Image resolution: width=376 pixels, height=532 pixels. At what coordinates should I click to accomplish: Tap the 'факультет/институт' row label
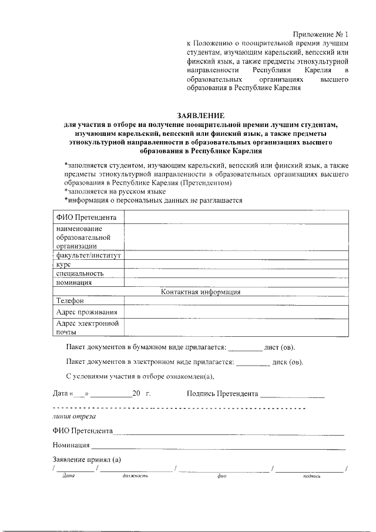coord(88,256)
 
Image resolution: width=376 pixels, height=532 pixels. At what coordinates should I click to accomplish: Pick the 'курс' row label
coord(63,265)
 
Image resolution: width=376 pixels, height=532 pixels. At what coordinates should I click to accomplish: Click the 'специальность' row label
coord(80,273)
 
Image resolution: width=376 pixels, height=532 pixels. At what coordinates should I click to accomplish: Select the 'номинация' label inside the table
coord(74,282)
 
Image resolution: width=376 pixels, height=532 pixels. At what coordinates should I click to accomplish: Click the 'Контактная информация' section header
coord(200,292)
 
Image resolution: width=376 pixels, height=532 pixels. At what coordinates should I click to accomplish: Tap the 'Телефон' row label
coord(70,300)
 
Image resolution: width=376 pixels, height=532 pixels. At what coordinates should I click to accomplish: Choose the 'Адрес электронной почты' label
coord(88,327)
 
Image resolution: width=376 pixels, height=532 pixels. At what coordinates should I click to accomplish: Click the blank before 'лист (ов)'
coord(245,347)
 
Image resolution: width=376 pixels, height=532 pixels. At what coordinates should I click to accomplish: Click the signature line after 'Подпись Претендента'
coord(293,394)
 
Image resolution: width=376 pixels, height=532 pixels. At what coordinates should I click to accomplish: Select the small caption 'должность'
coord(136,477)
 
